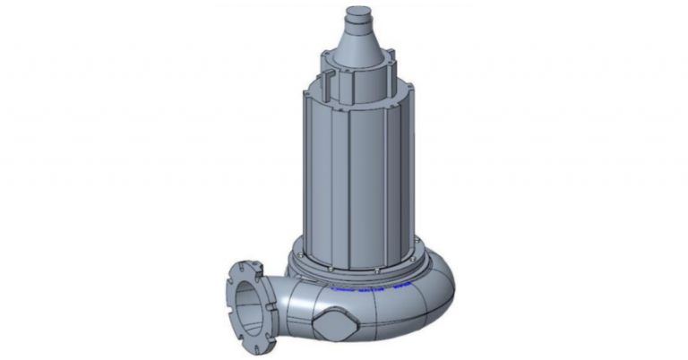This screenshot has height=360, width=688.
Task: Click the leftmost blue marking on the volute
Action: coord(340,289)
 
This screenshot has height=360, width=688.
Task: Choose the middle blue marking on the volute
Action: coord(369,291)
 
